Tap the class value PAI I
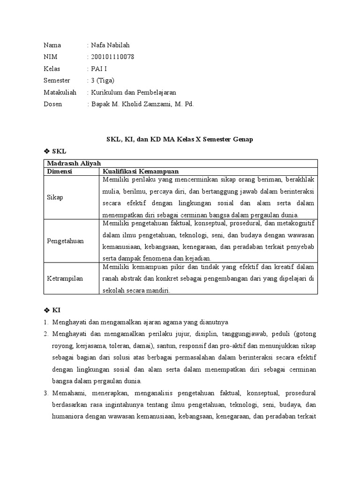point(99,69)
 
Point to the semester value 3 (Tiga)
point(103,81)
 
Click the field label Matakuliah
point(60,92)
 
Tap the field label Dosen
point(52,104)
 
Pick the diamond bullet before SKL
point(46,151)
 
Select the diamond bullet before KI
point(46,310)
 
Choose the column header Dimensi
point(59,171)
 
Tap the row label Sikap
point(55,197)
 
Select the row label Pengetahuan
point(65,241)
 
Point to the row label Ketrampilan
point(65,278)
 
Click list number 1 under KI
point(46,322)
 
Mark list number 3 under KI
point(46,393)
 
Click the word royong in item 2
point(62,346)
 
